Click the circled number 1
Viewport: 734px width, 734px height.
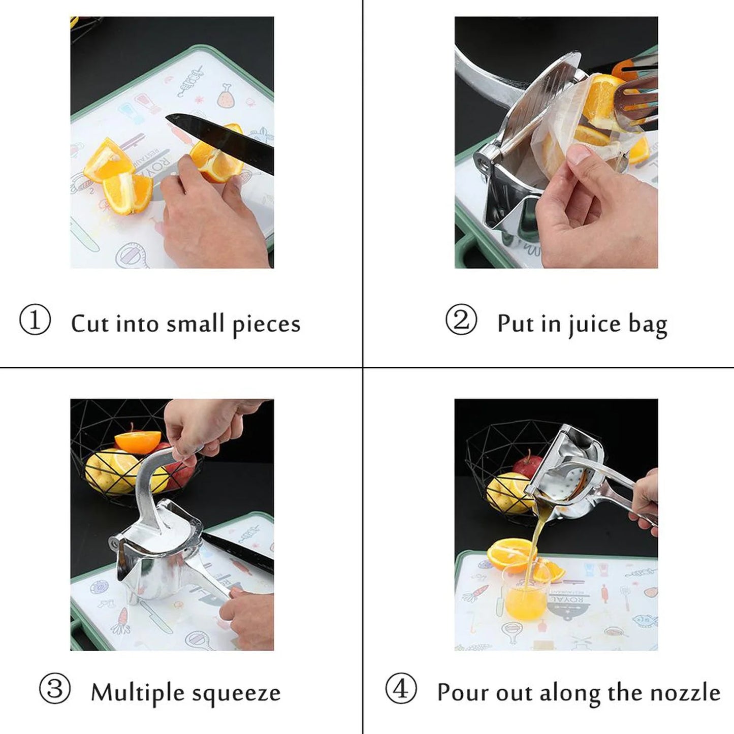click(35, 320)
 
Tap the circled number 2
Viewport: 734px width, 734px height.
click(461, 320)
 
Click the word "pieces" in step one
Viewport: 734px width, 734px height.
click(266, 325)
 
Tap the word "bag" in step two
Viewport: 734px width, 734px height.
click(648, 325)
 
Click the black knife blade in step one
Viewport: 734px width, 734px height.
click(224, 140)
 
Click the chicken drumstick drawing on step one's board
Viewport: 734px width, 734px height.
click(225, 96)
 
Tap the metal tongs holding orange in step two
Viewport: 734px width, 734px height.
click(635, 97)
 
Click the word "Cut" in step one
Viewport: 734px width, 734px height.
click(90, 324)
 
